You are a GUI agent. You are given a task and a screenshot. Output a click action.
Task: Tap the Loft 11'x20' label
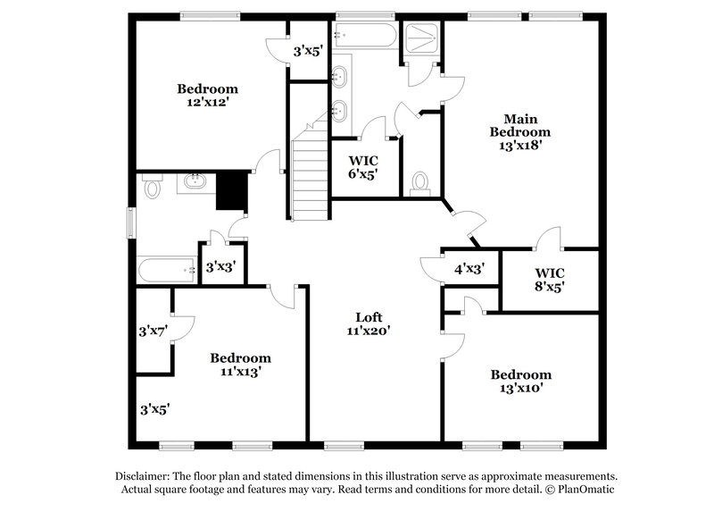point(369,323)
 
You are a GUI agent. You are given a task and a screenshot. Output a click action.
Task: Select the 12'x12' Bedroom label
point(207,96)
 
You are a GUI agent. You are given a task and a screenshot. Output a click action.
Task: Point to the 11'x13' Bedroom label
point(240,365)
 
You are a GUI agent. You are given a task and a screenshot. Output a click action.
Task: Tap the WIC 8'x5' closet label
point(550,279)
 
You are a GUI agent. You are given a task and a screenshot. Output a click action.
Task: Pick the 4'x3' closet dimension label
point(469,268)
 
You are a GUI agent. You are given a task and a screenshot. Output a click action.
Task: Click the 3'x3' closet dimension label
point(221,266)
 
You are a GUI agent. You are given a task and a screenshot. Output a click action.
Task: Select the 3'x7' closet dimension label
point(154,331)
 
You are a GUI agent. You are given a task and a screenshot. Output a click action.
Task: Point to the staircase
point(310,174)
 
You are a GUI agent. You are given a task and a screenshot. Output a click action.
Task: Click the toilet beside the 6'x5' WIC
point(421,183)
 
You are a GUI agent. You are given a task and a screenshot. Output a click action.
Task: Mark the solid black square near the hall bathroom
point(232,190)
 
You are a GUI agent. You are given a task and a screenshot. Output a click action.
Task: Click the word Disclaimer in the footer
point(145,476)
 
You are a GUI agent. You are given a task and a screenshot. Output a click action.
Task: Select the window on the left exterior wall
point(131,222)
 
